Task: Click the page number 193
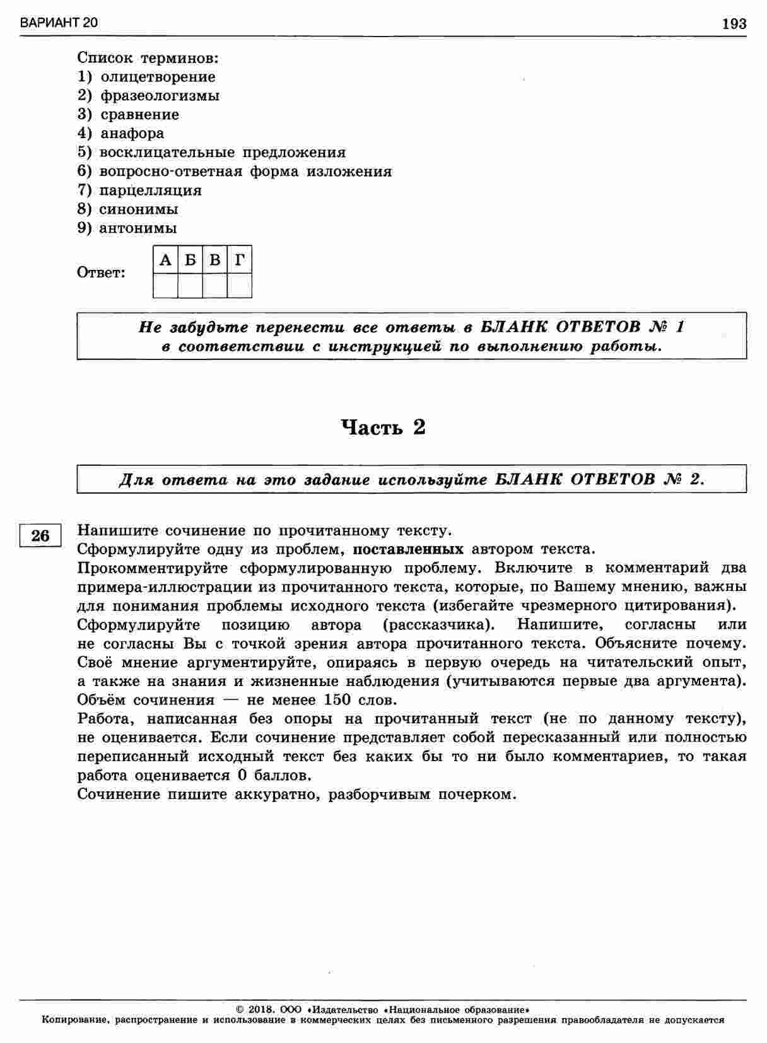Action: [734, 24]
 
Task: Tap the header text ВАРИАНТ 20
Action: [59, 23]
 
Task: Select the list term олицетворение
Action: [158, 77]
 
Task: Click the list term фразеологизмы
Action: [160, 96]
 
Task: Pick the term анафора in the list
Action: [132, 134]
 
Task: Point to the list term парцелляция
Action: [150, 190]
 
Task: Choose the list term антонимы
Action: [138, 228]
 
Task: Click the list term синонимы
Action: [138, 209]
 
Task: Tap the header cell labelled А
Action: [165, 260]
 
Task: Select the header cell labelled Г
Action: [240, 260]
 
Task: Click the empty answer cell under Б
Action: [190, 285]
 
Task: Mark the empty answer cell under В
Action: [215, 285]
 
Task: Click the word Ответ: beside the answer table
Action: [101, 273]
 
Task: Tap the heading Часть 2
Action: [384, 428]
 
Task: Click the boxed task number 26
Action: [40, 535]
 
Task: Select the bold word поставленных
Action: [408, 549]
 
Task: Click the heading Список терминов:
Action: [148, 58]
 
